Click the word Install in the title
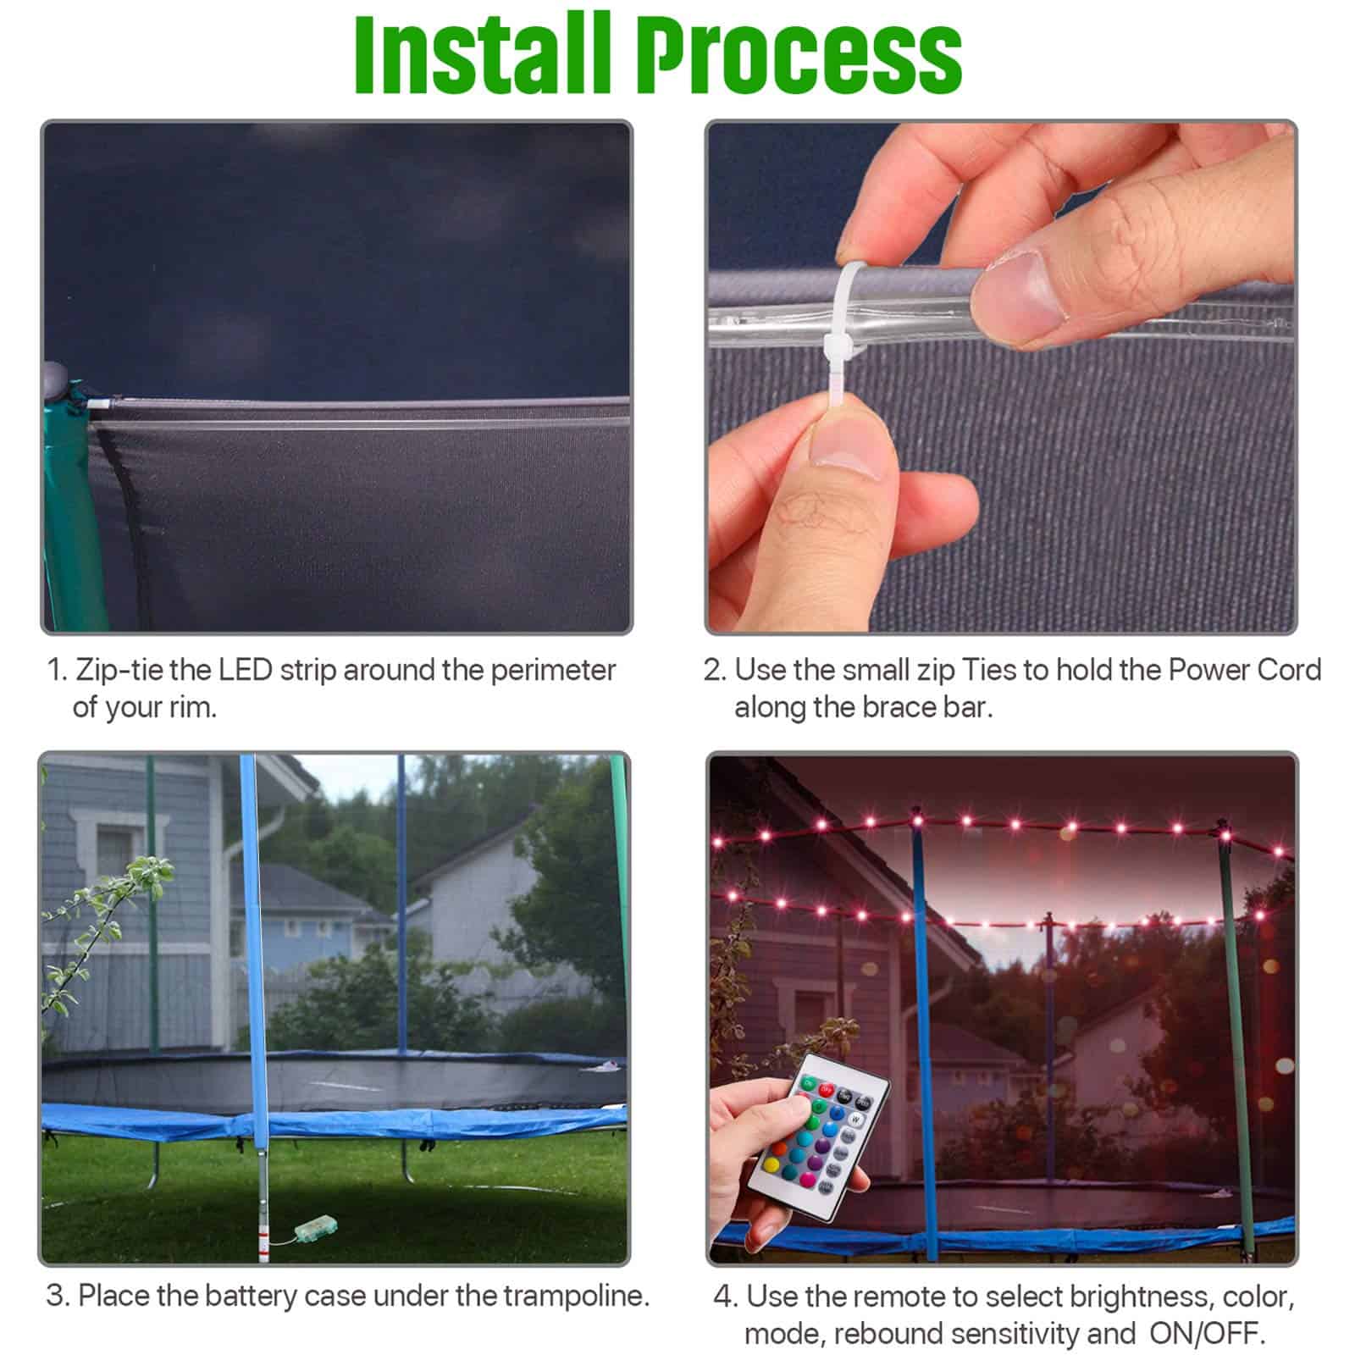(x=482, y=53)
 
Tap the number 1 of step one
(x=55, y=670)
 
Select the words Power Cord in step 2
(x=1244, y=670)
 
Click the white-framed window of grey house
(x=119, y=847)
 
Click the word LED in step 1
(x=245, y=670)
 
